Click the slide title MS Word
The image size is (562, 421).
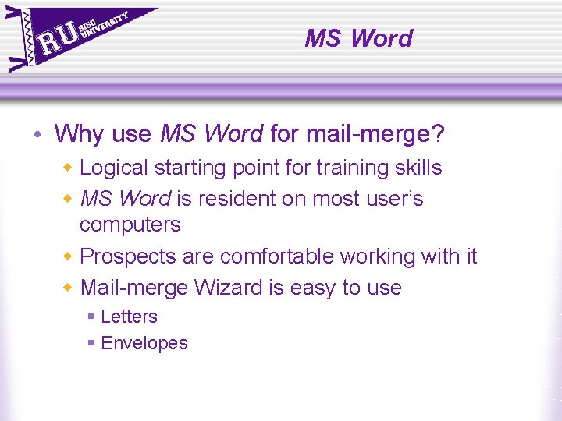point(358,37)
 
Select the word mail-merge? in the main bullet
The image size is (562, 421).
point(375,134)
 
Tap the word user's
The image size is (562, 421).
point(391,199)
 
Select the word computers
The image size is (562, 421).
point(130,225)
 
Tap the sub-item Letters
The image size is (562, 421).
point(129,317)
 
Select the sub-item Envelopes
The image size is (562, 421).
point(144,343)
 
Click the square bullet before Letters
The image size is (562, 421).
point(91,317)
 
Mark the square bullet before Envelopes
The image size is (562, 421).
point(91,343)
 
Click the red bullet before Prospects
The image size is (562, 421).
point(68,256)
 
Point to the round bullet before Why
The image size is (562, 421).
point(38,135)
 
